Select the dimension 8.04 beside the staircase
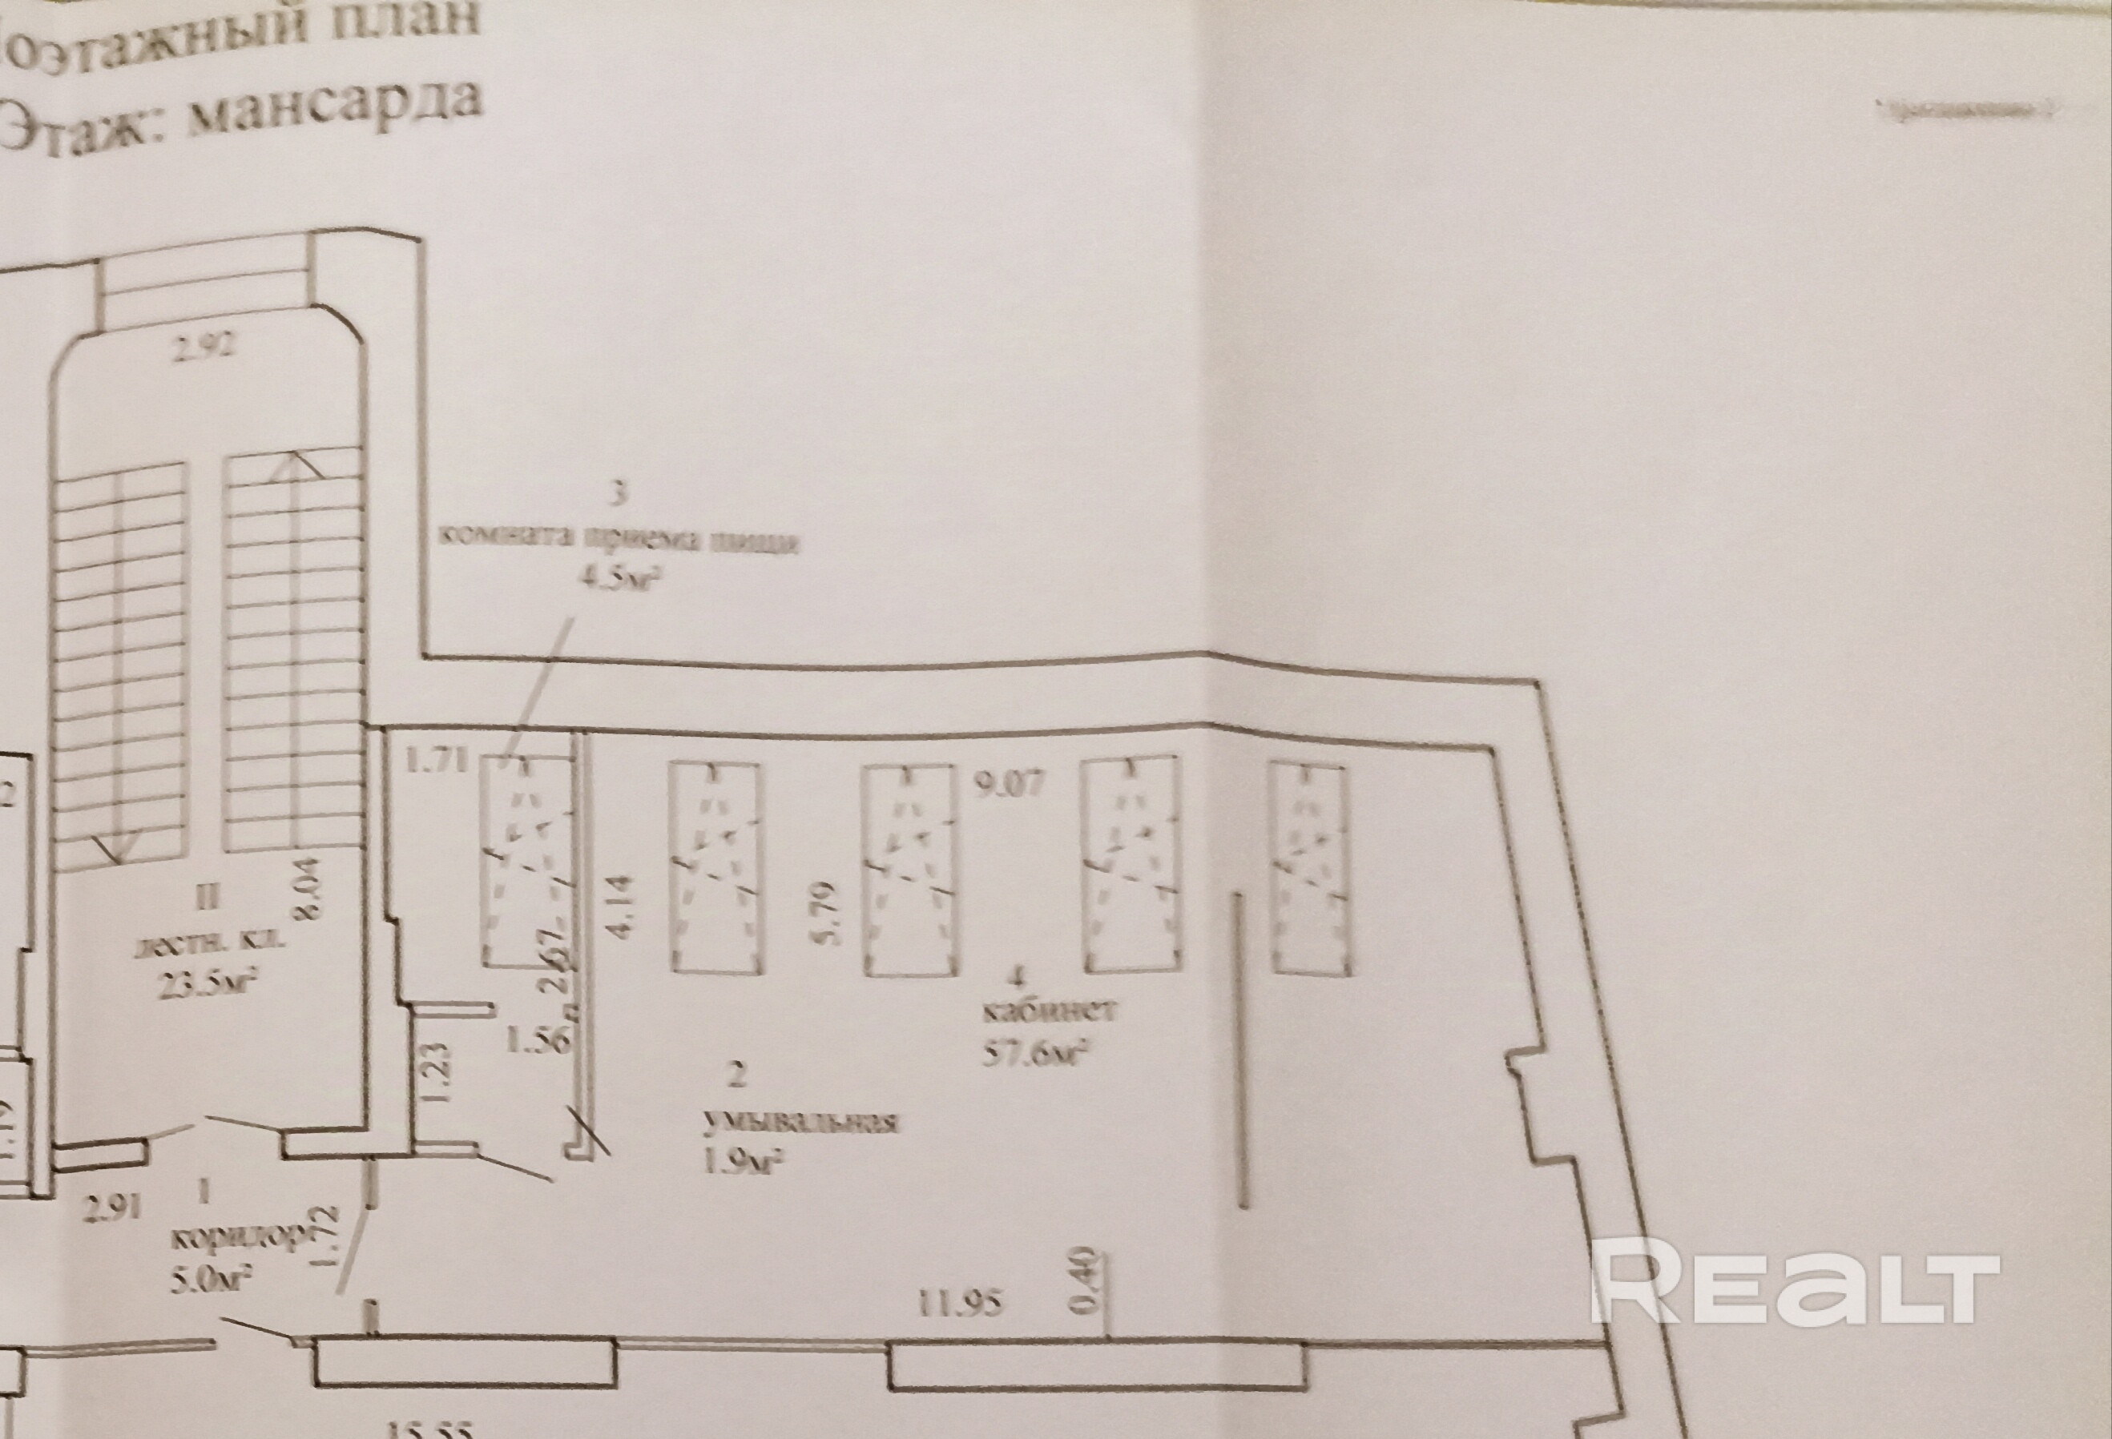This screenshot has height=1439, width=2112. click(x=309, y=890)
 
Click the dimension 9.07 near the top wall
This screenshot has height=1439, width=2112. click(x=1010, y=782)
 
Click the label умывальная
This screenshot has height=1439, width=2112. click(x=800, y=1121)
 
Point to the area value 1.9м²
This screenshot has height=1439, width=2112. click(x=744, y=1162)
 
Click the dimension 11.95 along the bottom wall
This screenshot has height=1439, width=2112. click(x=961, y=1304)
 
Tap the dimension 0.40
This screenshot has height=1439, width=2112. click(x=1091, y=1282)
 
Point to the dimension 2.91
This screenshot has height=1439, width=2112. click(x=113, y=1208)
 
